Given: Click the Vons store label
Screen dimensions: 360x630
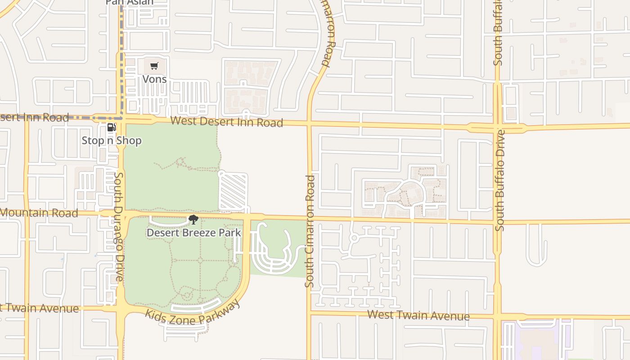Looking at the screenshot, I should click(x=154, y=79).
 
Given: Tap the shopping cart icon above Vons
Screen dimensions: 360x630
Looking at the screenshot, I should click(x=154, y=66).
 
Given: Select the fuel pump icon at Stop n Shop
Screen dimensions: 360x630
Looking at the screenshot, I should click(x=111, y=127).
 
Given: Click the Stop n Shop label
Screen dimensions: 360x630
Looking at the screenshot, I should click(x=112, y=140).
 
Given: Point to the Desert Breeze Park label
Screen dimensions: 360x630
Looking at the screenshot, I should click(x=193, y=233).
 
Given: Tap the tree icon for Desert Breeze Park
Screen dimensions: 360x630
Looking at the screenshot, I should click(x=193, y=220).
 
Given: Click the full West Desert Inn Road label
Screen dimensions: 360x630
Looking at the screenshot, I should click(x=227, y=121).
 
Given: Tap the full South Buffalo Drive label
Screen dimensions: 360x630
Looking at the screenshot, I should click(x=499, y=180).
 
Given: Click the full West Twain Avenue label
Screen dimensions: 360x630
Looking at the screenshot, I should click(x=418, y=315).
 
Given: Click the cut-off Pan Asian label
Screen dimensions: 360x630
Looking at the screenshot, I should click(x=130, y=2).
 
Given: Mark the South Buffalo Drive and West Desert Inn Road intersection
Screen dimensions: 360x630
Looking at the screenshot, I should click(x=497, y=128).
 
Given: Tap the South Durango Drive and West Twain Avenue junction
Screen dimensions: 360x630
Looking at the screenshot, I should click(x=121, y=309).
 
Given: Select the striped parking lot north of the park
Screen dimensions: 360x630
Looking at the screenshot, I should click(x=233, y=192).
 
